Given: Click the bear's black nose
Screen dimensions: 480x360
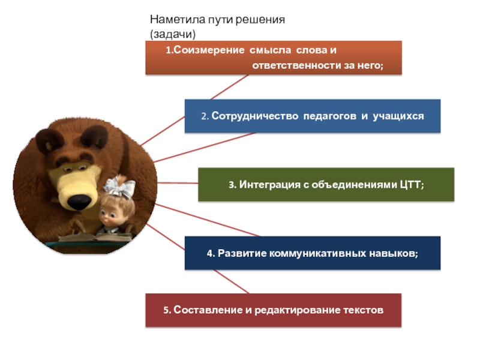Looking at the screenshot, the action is click(x=77, y=201).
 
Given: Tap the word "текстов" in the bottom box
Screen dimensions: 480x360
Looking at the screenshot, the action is click(x=362, y=310).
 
